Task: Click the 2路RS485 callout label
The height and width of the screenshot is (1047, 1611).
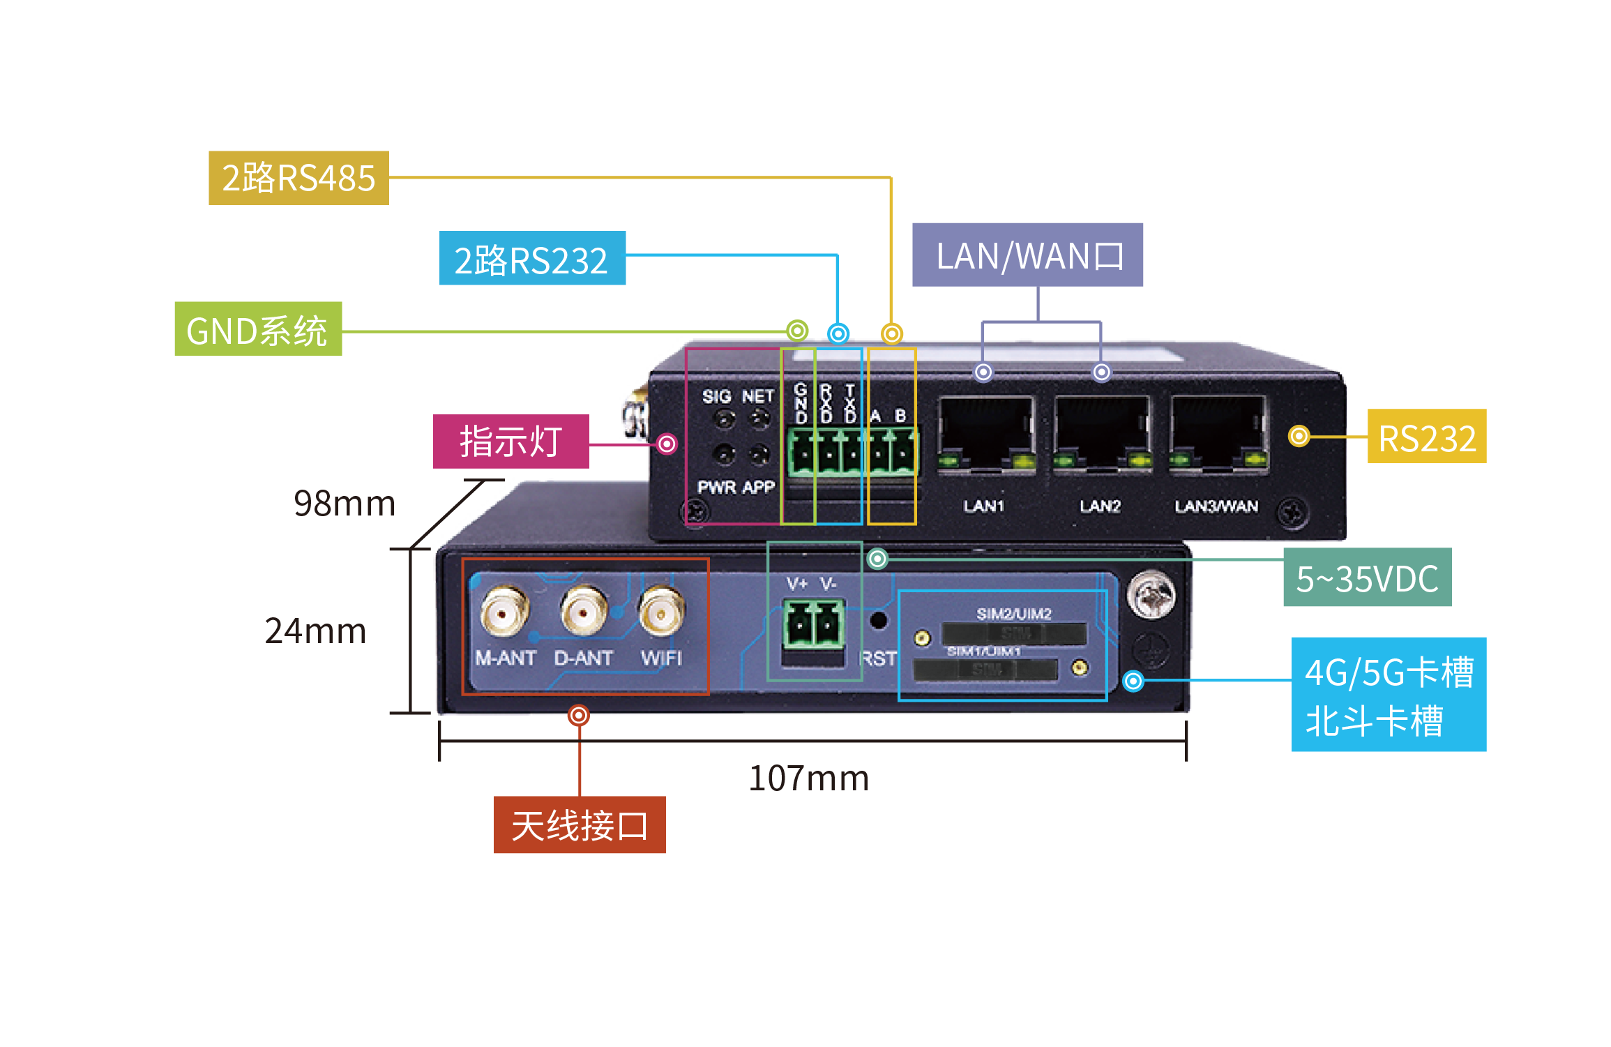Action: (298, 178)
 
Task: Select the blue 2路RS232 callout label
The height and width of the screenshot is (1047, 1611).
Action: (532, 259)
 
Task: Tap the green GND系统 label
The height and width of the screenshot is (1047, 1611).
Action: (258, 329)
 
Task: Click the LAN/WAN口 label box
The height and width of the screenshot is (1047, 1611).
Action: (1027, 255)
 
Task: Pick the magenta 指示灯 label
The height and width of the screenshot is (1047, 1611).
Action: (510, 442)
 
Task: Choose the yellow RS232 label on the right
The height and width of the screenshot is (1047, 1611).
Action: (1426, 437)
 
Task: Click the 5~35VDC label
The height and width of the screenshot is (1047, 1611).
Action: (1367, 578)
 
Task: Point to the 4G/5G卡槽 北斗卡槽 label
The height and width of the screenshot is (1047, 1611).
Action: (1389, 695)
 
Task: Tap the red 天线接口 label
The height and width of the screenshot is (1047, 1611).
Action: (580, 825)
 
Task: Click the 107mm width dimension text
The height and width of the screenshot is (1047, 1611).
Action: (808, 778)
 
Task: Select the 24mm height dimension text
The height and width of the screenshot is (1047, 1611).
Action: (315, 631)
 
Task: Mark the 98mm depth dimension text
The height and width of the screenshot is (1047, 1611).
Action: (345, 503)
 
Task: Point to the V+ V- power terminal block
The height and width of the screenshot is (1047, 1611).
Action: (813, 624)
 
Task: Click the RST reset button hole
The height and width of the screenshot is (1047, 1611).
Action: (879, 620)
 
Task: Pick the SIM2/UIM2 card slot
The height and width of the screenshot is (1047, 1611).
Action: (1013, 634)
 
